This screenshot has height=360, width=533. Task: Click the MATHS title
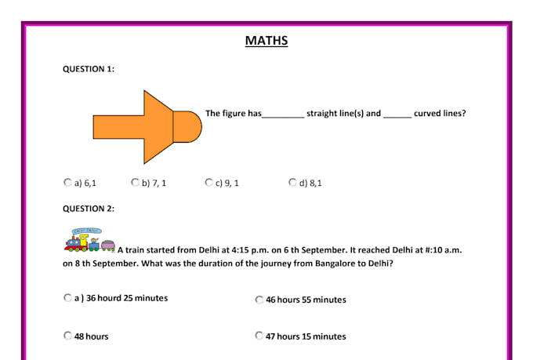pyautogui.click(x=266, y=41)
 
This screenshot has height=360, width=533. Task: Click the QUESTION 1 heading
pyautogui.click(x=89, y=69)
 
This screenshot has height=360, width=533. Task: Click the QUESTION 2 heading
pyautogui.click(x=89, y=209)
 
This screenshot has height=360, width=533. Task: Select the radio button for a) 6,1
pyautogui.click(x=67, y=183)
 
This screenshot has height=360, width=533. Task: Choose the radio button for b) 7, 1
pyautogui.click(x=135, y=183)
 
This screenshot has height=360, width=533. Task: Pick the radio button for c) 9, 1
pyautogui.click(x=208, y=183)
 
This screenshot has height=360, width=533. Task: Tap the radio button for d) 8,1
pyautogui.click(x=292, y=183)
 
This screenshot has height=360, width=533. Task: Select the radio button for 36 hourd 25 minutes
pyautogui.click(x=67, y=298)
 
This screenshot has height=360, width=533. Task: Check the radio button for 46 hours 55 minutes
pyautogui.click(x=259, y=300)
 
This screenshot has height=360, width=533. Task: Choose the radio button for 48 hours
pyautogui.click(x=67, y=336)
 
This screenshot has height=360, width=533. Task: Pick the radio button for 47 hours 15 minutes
pyautogui.click(x=259, y=336)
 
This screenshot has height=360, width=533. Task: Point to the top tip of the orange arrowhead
pyautogui.click(x=144, y=90)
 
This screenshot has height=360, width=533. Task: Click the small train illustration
pyautogui.click(x=89, y=240)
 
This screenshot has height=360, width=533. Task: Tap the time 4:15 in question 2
pyautogui.click(x=240, y=250)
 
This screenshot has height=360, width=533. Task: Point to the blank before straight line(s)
pyautogui.click(x=283, y=118)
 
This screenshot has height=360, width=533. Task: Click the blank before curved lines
pyautogui.click(x=397, y=118)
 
